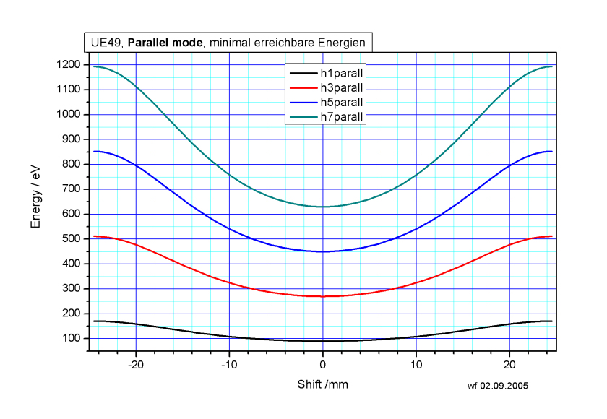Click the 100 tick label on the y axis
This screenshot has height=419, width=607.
[x=73, y=339]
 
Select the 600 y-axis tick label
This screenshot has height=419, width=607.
[x=73, y=214]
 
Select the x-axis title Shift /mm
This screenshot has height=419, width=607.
[x=323, y=384]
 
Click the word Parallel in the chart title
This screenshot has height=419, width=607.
[x=150, y=43]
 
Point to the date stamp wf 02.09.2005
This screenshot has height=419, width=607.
[x=498, y=386]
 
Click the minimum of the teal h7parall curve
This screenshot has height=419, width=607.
[x=323, y=207]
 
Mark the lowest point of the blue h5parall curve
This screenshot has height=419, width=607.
[x=323, y=251]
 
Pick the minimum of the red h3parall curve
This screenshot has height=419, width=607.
[x=323, y=296]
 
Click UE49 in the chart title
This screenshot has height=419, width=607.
[x=103, y=43]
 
